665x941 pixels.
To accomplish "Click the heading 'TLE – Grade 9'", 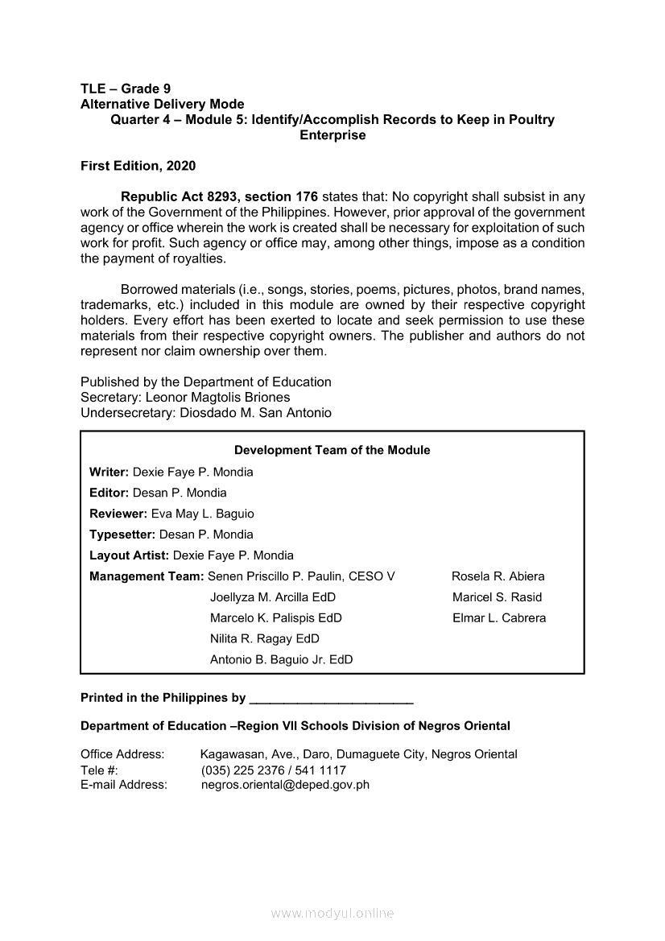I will coord(126,89).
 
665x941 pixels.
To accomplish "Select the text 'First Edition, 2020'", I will coord(138,166).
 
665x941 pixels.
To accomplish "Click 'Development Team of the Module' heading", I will coord(332,451).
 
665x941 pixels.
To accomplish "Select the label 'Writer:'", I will coord(109,472).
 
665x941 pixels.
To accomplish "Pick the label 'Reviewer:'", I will coord(118,514).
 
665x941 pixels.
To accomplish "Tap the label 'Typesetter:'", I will coord(122,534).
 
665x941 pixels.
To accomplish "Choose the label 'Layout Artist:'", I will coord(130,555).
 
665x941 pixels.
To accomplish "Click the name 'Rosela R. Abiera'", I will coord(498,576).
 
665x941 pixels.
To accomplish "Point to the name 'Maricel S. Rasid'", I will coord(498,597).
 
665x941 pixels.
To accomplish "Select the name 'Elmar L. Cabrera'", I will coord(499,618).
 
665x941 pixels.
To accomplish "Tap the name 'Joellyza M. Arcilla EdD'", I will coord(273,597).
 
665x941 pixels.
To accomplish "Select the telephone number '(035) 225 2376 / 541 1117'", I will coord(274,770).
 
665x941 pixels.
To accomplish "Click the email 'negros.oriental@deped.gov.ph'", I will coord(285,785).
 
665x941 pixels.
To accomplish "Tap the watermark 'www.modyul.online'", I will coord(332,914).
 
